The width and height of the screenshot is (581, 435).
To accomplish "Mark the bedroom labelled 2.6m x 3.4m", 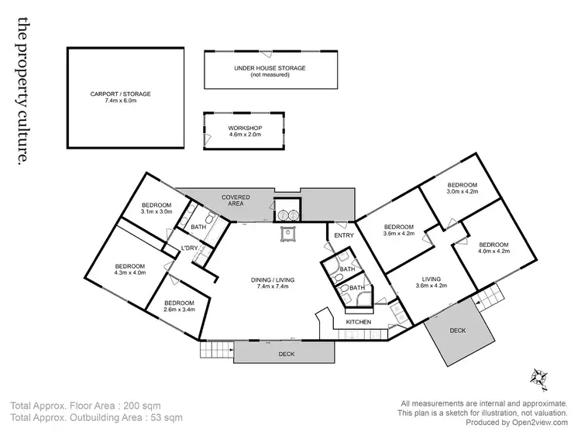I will coord(178,305).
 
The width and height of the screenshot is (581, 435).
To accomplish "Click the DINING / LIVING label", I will coord(270,283).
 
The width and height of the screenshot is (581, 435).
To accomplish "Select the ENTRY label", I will coord(343,235).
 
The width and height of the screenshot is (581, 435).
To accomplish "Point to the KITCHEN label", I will coord(359,321).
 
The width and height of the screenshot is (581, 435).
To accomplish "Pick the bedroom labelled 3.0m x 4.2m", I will coord(462,190).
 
